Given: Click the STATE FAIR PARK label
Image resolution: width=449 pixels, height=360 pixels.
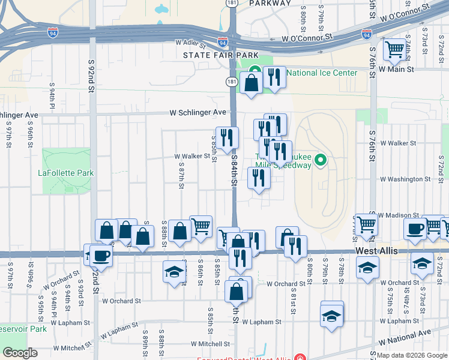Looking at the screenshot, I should click(216, 55).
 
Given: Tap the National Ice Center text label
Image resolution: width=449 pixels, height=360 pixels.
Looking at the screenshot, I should click(322, 73).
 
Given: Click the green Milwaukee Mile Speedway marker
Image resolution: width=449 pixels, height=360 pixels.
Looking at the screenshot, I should click(320, 160).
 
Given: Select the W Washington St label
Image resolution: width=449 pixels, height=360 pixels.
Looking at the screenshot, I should click(401, 179).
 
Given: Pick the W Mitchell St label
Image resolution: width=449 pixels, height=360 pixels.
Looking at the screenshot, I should click(210, 344).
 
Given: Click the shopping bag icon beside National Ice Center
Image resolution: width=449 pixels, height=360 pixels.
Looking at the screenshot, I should click(252, 82).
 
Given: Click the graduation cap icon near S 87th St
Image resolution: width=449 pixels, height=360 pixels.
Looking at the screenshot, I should click(175, 272).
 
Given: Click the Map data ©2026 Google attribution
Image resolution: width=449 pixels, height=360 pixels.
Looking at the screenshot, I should click(411, 355).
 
